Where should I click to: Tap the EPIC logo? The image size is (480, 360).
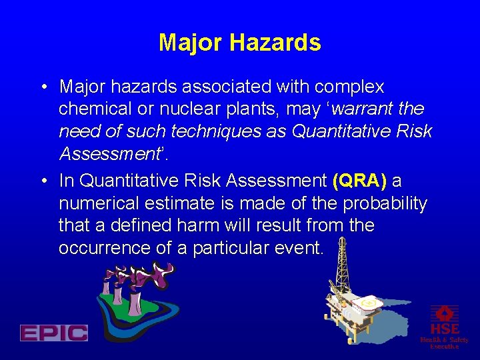[53, 333]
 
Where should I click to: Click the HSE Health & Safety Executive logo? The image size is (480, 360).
[444, 327]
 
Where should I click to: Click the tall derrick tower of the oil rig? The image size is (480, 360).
[343, 267]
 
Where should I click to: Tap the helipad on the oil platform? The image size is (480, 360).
[369, 305]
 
